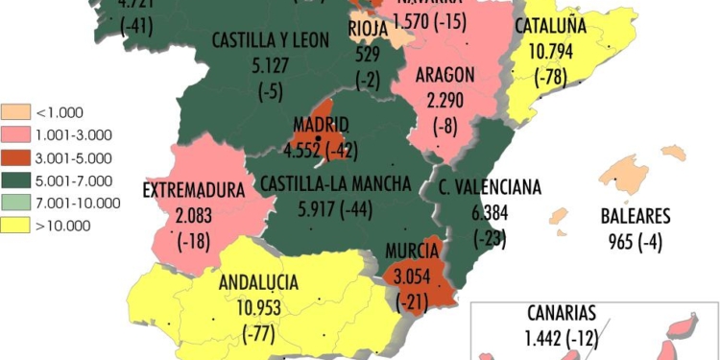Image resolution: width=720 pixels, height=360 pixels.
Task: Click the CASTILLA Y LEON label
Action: coord(270,40)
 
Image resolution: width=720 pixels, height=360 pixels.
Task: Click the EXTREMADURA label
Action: coord(194,189)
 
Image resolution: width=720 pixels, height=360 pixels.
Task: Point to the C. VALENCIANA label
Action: coord(489,186)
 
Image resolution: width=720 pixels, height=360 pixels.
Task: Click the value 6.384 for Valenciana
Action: coord(489,210)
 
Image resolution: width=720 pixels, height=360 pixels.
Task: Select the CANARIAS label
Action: coord(563,313)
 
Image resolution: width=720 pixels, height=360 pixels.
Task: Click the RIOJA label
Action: coord(367,30)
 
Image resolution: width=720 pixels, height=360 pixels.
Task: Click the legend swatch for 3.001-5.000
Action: coord(15,158)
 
